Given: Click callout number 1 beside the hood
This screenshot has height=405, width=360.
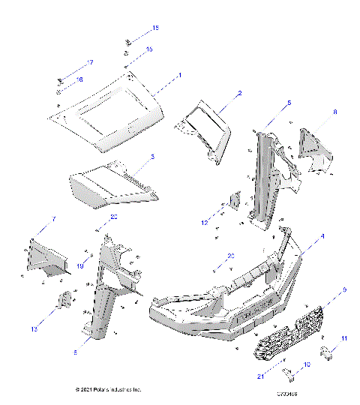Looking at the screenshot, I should click(179, 76).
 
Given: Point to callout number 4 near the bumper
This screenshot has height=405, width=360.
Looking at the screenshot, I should click(322, 236).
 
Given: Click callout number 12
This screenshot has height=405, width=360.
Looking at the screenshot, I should click(204, 222).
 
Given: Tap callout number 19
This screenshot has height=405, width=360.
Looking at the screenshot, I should click(79, 263).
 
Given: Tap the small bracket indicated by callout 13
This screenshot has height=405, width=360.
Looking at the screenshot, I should click(65, 299).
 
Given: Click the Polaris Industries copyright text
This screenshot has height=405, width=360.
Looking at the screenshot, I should click(109, 390).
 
